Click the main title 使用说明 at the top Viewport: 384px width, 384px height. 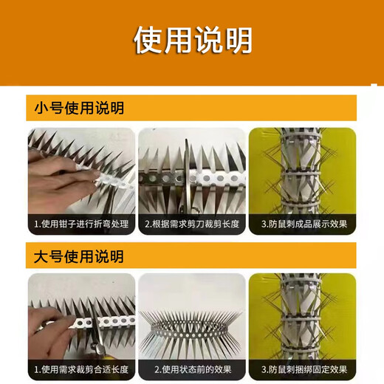tap(192, 41)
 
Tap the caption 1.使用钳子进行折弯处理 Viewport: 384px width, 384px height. tap(80, 223)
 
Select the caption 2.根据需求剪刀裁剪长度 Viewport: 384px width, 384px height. tap(191, 223)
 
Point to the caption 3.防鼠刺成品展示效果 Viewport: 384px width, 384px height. tap(303, 223)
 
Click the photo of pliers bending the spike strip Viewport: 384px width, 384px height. tap(80, 170)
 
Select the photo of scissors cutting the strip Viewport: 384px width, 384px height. tap(191, 170)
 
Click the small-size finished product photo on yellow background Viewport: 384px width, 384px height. tap(303, 170)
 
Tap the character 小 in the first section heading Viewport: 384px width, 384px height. tap(41, 109)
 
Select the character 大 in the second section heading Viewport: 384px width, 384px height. tap(41, 257)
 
